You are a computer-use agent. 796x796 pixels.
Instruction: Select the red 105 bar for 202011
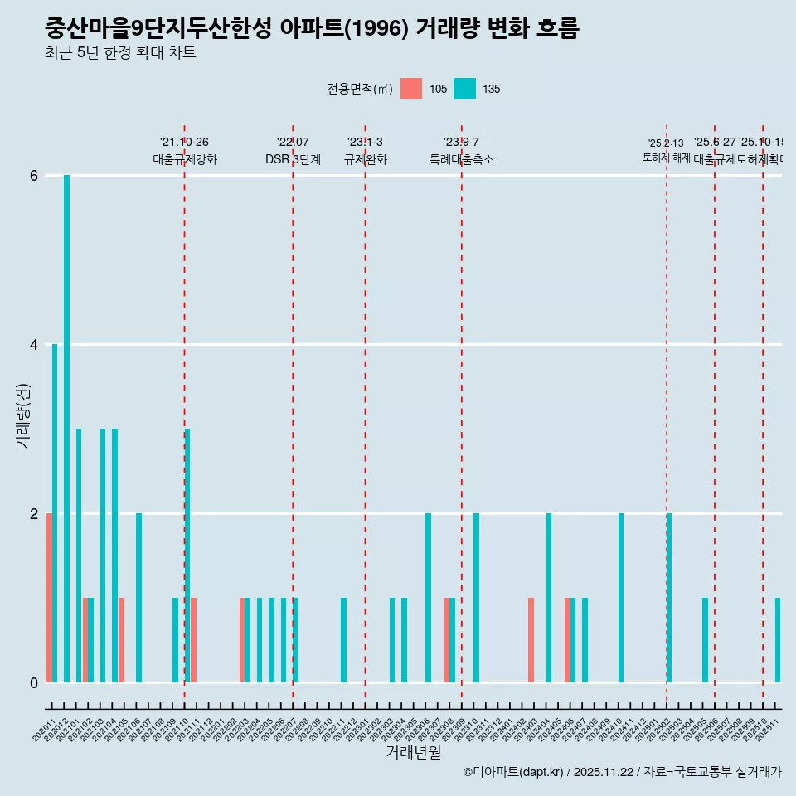tap(49, 598)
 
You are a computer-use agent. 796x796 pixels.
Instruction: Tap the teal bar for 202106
tap(139, 598)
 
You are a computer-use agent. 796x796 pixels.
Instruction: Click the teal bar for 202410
tap(621, 598)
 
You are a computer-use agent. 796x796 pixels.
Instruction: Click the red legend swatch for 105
tap(411, 89)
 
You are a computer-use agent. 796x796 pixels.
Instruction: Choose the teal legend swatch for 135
tap(464, 89)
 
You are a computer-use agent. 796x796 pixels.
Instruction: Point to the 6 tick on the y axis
tap(34, 176)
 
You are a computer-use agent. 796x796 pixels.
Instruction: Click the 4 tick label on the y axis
tap(34, 344)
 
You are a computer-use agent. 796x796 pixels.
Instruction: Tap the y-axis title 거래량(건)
tap(23, 415)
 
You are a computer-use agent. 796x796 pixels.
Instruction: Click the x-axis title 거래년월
tap(413, 752)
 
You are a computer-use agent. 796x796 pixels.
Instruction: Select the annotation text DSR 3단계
tap(293, 159)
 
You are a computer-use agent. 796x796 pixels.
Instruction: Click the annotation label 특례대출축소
tap(461, 159)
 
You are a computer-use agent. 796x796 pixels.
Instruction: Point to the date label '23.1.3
tap(365, 143)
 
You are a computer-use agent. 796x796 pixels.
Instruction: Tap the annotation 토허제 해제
tap(666, 158)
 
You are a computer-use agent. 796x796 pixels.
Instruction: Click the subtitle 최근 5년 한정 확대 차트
tap(120, 53)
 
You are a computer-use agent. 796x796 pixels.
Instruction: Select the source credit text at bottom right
tap(622, 772)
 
